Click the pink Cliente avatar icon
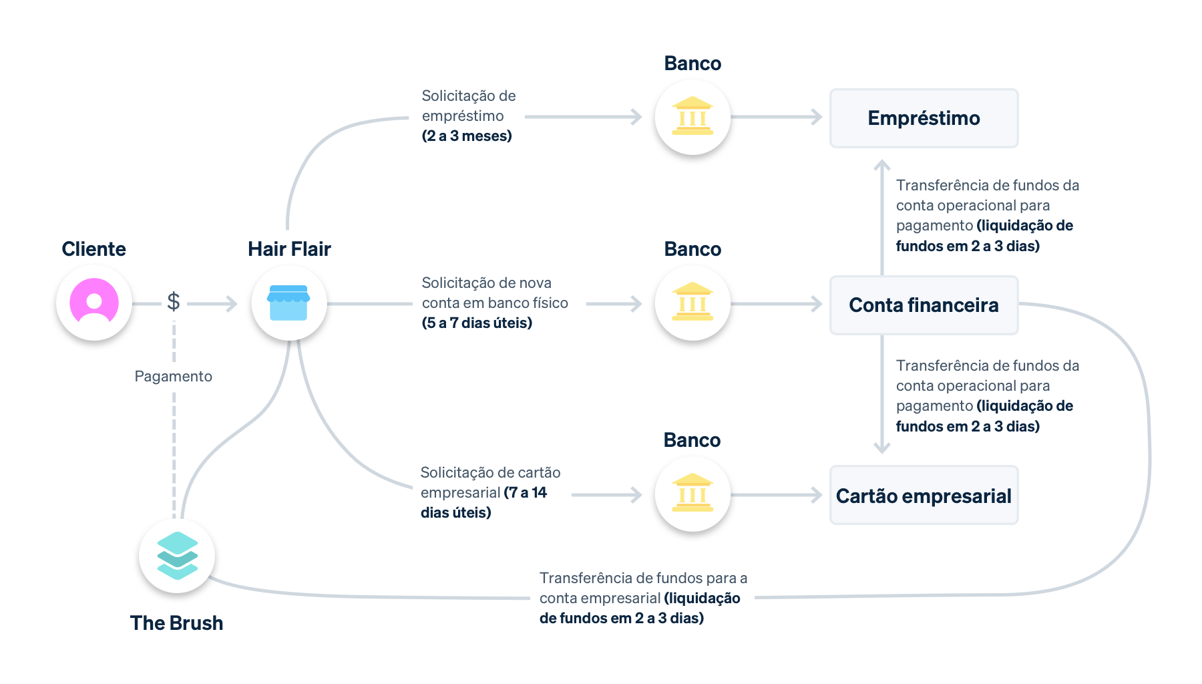coord(94,303)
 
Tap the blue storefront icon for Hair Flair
coord(288,303)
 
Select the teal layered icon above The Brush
coord(177,555)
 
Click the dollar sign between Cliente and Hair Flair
coord(174,302)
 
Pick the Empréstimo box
coord(924,118)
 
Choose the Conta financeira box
coord(924,305)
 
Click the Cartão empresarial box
coord(924,496)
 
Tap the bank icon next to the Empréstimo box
coord(692,117)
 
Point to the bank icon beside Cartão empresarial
coord(692,494)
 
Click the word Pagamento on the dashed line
coord(174,376)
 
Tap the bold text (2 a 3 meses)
coord(467,136)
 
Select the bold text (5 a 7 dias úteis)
coord(477,323)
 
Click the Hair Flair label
coord(289,249)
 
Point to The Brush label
coord(176,623)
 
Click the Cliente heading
coord(94,249)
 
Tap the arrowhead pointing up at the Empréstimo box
coord(882,164)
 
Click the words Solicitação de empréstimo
coord(468,106)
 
